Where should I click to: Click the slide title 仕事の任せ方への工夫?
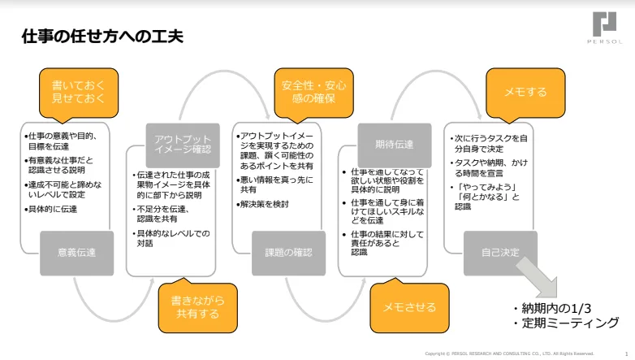click(102, 36)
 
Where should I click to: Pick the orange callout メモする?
click(525, 92)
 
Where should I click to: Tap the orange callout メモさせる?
click(409, 306)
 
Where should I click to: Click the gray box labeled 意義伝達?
click(76, 253)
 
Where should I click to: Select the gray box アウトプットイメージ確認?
click(183, 144)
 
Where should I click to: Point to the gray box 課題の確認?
click(288, 253)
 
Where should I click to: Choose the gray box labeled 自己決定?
click(500, 253)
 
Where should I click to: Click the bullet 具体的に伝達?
click(54, 209)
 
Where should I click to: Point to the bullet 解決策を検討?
click(265, 204)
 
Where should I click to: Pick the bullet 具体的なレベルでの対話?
click(172, 240)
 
